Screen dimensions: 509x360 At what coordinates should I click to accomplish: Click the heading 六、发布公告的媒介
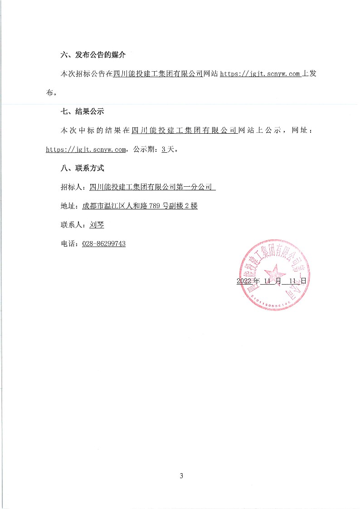click(93, 55)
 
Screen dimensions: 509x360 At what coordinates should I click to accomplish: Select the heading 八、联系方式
click(82, 168)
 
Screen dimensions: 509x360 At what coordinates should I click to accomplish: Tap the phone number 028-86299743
click(104, 244)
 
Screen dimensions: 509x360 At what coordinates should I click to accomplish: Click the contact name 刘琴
click(97, 225)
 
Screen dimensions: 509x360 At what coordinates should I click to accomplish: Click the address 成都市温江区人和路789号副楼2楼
click(140, 206)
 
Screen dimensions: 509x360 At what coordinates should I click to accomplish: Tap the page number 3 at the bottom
click(181, 476)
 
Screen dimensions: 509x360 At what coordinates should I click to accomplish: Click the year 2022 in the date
click(244, 281)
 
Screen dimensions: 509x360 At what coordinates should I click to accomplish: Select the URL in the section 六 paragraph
click(260, 74)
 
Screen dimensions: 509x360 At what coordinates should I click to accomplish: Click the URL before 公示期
click(86, 150)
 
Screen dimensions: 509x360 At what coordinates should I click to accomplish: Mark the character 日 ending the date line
click(303, 281)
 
